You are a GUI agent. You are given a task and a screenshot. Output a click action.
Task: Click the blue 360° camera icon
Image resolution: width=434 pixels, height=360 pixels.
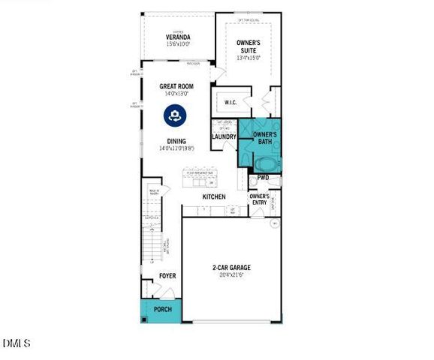(174, 115)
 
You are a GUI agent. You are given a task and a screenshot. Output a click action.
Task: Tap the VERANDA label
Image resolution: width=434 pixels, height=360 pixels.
(178, 37)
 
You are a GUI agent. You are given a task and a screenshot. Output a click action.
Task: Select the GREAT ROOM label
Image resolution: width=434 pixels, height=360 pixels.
(177, 86)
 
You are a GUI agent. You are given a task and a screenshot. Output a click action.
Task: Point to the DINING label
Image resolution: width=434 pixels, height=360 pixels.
(176, 140)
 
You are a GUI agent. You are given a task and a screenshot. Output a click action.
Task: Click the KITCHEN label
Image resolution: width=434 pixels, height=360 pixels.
(214, 196)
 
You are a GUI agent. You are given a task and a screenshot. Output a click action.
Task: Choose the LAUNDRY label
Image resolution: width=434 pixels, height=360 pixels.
(225, 136)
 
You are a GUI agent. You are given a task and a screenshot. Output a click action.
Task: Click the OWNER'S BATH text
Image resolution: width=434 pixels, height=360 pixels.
(264, 138)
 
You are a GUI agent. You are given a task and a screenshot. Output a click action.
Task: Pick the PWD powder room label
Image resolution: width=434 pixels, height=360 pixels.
(263, 178)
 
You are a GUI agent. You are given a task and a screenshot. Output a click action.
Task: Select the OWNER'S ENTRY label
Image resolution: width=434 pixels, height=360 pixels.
(259, 199)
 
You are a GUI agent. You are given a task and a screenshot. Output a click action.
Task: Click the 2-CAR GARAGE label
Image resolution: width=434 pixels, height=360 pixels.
(231, 268)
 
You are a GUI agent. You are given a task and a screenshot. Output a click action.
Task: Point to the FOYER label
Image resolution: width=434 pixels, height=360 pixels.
(167, 276)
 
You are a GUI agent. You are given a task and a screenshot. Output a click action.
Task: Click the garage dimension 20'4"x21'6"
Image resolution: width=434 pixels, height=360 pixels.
(231, 275)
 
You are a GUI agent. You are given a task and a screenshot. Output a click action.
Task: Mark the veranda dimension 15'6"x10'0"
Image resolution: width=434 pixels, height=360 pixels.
(178, 44)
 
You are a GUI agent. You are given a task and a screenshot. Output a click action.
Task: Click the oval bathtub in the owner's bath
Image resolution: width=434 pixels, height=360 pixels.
(265, 163)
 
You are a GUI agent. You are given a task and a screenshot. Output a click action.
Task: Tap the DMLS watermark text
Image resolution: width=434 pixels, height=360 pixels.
(16, 343)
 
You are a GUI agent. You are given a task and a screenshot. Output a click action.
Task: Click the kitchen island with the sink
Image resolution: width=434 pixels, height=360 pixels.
(200, 178)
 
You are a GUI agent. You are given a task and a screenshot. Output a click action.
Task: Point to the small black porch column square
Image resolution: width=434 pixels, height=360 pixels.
(143, 320)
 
